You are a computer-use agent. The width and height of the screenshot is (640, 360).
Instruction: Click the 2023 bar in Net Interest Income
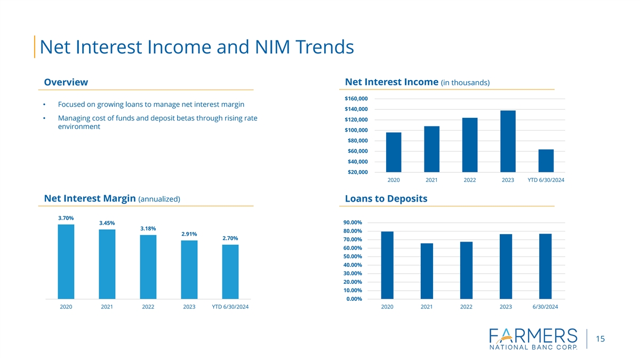click(508, 141)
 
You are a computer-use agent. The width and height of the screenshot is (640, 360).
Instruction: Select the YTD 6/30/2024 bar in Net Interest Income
click(546, 161)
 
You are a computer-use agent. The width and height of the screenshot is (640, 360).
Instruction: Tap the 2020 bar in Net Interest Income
click(394, 152)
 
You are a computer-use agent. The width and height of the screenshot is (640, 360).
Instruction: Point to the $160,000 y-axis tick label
click(356, 99)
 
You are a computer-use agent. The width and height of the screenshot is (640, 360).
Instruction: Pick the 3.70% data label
click(66, 218)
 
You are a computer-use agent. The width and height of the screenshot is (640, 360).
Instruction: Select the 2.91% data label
click(189, 234)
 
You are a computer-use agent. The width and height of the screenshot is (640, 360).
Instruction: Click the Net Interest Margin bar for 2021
click(107, 264)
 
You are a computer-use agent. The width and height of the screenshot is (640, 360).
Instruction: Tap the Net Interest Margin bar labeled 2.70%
click(230, 272)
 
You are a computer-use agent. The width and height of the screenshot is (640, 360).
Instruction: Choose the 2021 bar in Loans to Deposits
click(427, 271)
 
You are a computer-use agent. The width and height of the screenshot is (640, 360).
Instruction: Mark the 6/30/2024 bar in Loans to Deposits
click(545, 266)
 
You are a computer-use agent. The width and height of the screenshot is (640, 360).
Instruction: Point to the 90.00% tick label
click(353, 222)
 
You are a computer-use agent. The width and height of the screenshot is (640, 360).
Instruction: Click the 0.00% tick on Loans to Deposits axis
click(354, 299)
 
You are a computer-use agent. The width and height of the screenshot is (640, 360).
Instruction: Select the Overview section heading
click(66, 82)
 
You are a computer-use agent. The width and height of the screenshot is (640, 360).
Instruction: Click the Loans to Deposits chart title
click(386, 199)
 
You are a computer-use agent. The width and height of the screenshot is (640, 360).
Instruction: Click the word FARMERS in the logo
click(533, 336)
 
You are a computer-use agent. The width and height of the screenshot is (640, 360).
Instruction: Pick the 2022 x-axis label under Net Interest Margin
click(148, 307)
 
